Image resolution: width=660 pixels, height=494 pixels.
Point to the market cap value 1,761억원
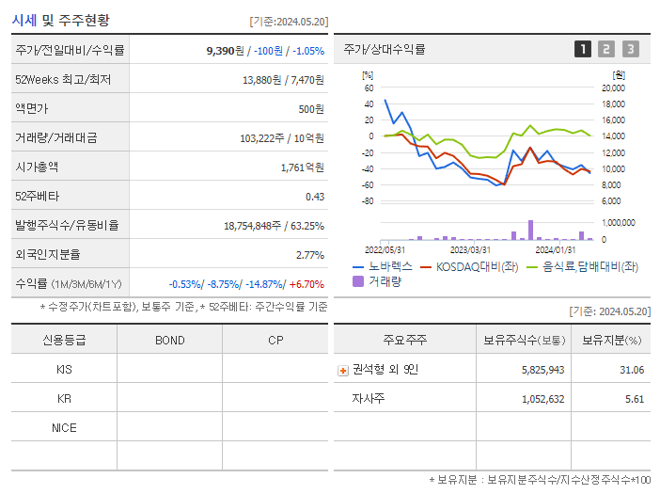(x=302, y=167)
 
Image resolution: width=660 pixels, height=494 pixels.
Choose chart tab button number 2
(x=606, y=49)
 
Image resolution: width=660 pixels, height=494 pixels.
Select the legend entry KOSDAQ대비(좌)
(x=471, y=267)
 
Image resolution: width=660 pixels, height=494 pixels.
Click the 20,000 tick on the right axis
(x=612, y=88)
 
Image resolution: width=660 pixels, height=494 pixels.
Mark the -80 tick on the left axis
(x=368, y=201)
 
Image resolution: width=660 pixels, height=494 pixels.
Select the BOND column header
(x=169, y=340)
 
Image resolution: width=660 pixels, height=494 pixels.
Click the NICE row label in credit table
(x=64, y=427)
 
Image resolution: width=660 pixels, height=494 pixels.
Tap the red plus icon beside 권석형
(x=343, y=371)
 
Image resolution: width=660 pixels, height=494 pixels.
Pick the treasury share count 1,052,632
(x=542, y=399)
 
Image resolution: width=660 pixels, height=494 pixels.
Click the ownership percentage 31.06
(x=632, y=370)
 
